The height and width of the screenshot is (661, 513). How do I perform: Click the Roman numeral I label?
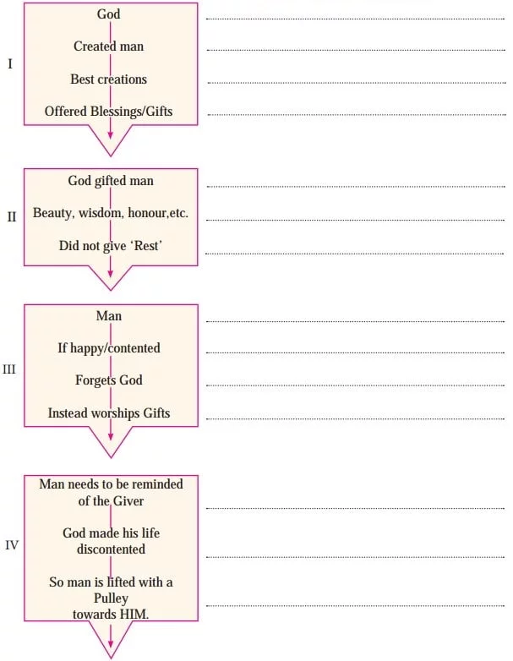(10, 63)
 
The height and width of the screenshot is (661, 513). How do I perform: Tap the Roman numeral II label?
(12, 216)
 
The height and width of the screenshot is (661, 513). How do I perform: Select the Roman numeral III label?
(9, 369)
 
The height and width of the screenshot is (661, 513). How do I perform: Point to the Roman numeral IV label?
(12, 545)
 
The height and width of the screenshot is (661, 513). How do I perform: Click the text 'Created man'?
(109, 46)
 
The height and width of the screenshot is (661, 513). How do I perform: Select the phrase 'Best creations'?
(109, 79)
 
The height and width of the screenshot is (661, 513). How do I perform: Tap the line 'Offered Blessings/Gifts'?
(109, 112)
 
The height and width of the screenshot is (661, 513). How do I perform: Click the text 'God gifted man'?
(111, 181)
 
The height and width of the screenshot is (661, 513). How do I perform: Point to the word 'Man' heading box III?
(109, 316)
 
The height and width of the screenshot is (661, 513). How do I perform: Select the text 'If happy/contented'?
(109, 348)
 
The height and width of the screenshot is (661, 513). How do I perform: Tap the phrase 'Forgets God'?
(109, 380)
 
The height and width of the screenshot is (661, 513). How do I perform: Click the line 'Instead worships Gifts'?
(109, 413)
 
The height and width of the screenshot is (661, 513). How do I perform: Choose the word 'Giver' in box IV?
(128, 500)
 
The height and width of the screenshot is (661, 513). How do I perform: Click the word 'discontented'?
(111, 549)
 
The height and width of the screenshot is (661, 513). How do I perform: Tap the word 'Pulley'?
(111, 598)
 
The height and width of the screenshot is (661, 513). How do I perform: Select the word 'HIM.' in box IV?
(134, 615)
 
